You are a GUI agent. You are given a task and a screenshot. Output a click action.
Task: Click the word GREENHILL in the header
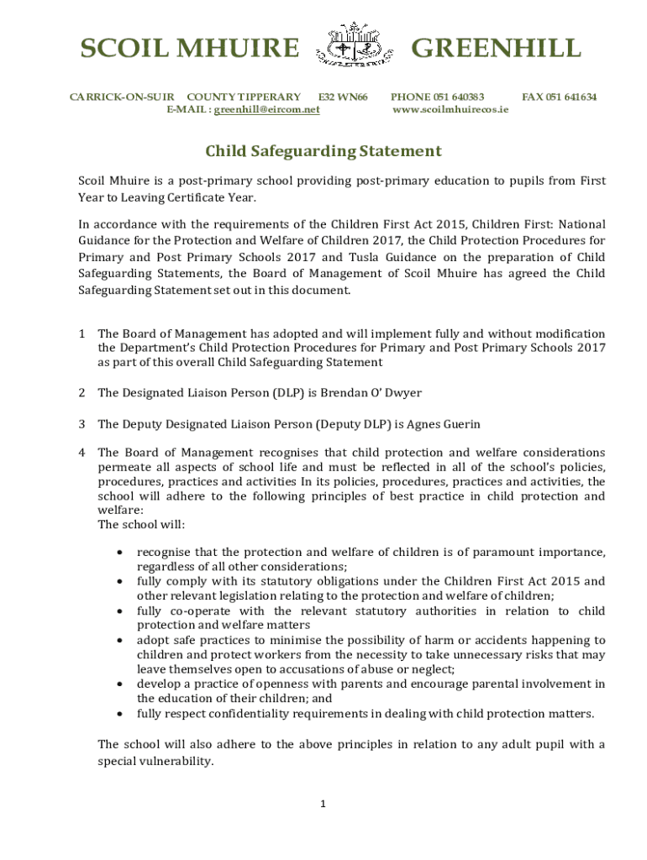coord(495,49)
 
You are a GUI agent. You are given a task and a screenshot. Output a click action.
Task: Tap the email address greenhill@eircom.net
coord(266,109)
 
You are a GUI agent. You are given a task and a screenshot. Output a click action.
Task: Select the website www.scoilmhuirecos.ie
coord(450,109)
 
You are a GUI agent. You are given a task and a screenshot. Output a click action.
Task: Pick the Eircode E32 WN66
coord(343,97)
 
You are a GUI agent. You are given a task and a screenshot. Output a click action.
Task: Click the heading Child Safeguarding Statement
coord(323,151)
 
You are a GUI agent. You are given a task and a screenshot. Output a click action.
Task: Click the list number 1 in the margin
coord(82,334)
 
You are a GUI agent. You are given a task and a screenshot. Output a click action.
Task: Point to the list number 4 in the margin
coord(82,453)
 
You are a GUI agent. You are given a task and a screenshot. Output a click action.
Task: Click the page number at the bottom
coord(323,804)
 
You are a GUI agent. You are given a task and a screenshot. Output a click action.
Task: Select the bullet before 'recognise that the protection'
coord(123,553)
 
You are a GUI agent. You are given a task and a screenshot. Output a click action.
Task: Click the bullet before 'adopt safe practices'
coord(123,640)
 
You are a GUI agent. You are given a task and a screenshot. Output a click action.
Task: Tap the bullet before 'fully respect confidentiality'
coord(123,714)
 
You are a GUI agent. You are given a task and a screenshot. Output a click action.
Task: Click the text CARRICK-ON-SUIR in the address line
coord(121,97)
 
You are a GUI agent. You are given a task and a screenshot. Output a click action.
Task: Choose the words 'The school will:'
coord(141,525)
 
